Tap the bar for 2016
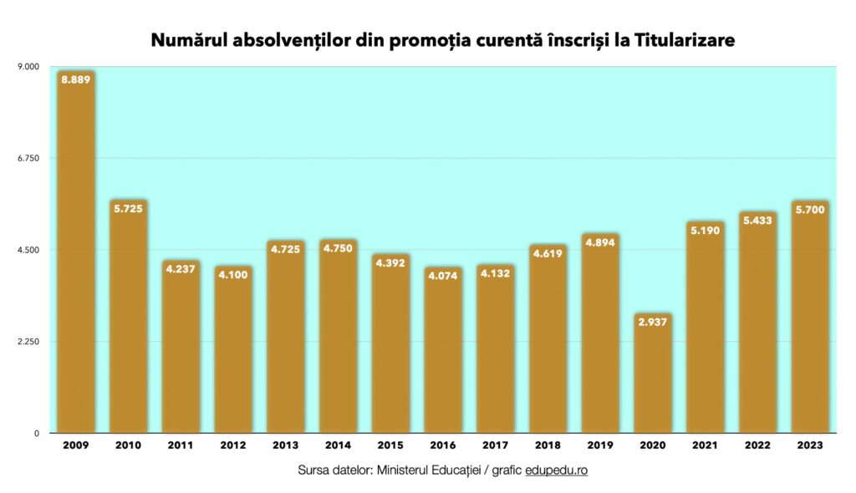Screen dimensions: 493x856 [442, 359]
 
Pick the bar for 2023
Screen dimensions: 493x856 [810, 326]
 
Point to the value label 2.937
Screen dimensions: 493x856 [652, 322]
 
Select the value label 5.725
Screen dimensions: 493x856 [128, 208]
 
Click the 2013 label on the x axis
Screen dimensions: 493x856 [285, 446]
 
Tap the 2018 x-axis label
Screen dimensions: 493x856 [548, 446]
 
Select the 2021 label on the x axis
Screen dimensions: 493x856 [705, 446]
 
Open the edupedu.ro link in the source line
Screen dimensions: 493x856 [557, 470]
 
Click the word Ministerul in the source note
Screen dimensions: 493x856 [399, 470]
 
